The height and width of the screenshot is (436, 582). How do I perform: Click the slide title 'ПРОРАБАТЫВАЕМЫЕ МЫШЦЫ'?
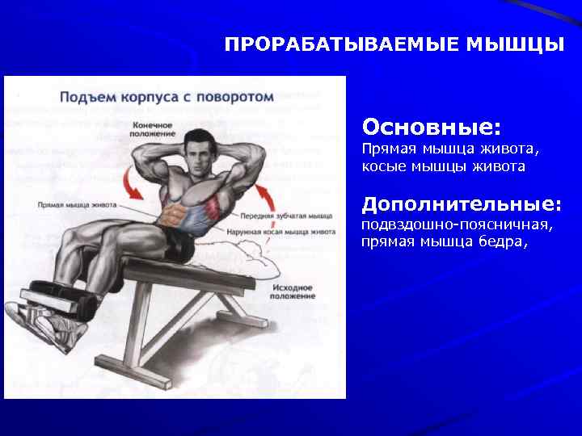(x=394, y=44)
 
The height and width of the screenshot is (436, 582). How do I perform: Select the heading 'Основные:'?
(x=432, y=128)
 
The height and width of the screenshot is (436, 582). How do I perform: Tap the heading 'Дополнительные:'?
(x=462, y=203)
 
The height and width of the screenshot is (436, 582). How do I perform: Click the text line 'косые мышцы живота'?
(x=443, y=166)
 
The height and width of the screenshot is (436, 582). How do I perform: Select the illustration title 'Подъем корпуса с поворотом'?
(x=167, y=96)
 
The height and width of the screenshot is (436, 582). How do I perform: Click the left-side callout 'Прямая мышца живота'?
(x=77, y=205)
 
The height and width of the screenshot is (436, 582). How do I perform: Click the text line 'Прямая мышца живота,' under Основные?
(x=450, y=150)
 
